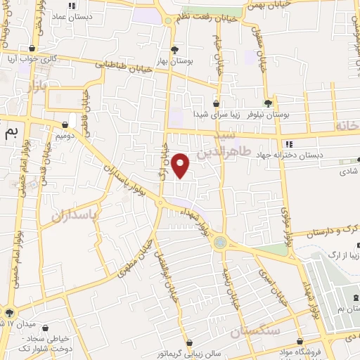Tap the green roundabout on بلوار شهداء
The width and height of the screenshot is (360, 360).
click(x=222, y=243)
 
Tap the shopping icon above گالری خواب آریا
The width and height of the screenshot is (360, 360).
click(x=31, y=49)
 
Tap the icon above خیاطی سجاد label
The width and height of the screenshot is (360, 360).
click(x=46, y=327)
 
